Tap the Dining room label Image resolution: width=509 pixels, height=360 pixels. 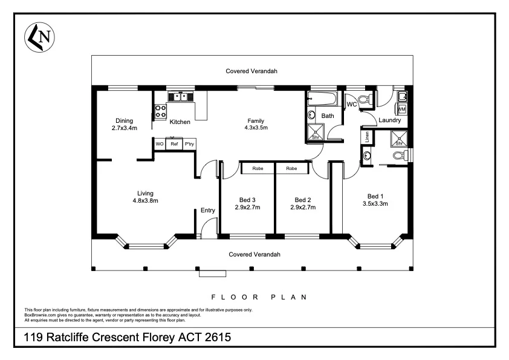pos(124,120)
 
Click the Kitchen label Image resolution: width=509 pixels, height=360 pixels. pos(180,122)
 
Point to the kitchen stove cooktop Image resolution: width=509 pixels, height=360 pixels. pos(161,111)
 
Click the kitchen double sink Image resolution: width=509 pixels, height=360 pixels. pos(180,96)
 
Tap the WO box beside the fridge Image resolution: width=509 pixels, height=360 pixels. pos(160,144)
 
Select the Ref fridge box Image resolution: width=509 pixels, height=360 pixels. pos(174,144)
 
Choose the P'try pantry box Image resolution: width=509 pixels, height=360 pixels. pos(189,144)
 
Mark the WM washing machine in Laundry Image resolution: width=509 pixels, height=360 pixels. pos(401,109)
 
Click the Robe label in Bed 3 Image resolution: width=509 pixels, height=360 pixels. pos(257,168)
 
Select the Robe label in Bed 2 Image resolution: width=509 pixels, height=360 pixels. pos(291,168)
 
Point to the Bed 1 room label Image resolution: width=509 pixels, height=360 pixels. pos(375,196)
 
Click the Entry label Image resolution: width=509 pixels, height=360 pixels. pos(207,211)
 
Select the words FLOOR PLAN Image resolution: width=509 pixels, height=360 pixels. pos(259,297)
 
